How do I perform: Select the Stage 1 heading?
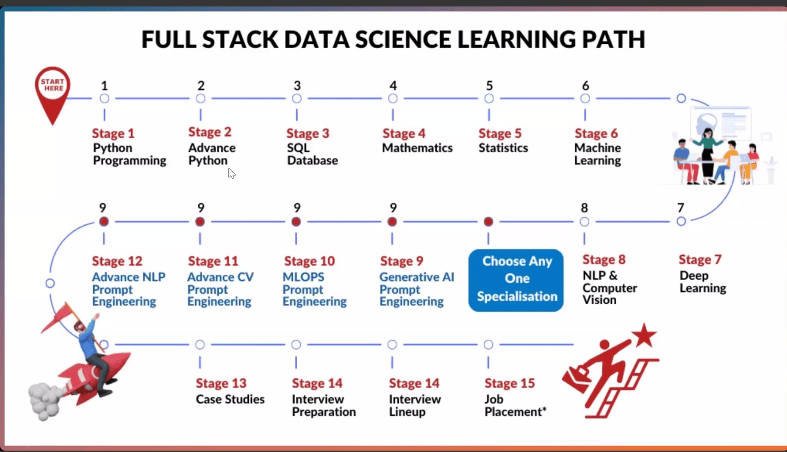[x=113, y=133]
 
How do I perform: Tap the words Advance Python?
[x=211, y=154]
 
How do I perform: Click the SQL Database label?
[x=312, y=154]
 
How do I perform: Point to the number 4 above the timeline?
[x=393, y=86]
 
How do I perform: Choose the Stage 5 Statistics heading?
[x=500, y=133]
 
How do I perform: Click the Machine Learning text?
[x=597, y=154]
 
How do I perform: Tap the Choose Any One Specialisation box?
[x=516, y=280]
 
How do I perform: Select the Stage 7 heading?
[x=700, y=259]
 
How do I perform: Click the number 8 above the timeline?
[x=584, y=208]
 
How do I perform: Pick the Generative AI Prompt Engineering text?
[x=416, y=289]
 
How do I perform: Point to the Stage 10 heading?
[x=309, y=261]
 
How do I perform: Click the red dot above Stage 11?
[x=200, y=222]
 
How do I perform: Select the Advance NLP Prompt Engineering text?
[x=128, y=289]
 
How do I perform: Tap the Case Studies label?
[x=230, y=399]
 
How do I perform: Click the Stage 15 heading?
[x=510, y=383]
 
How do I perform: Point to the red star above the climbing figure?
[x=644, y=336]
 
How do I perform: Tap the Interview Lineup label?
[x=415, y=405]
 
